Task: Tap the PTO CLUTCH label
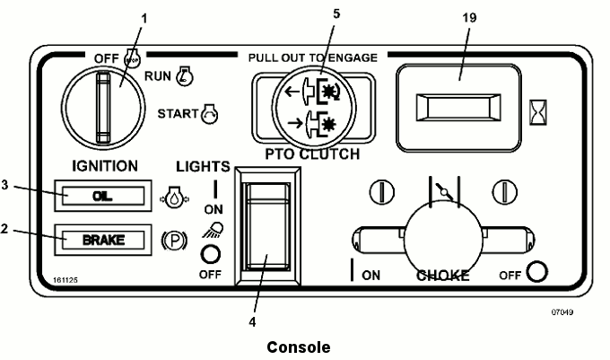(x=312, y=155)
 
